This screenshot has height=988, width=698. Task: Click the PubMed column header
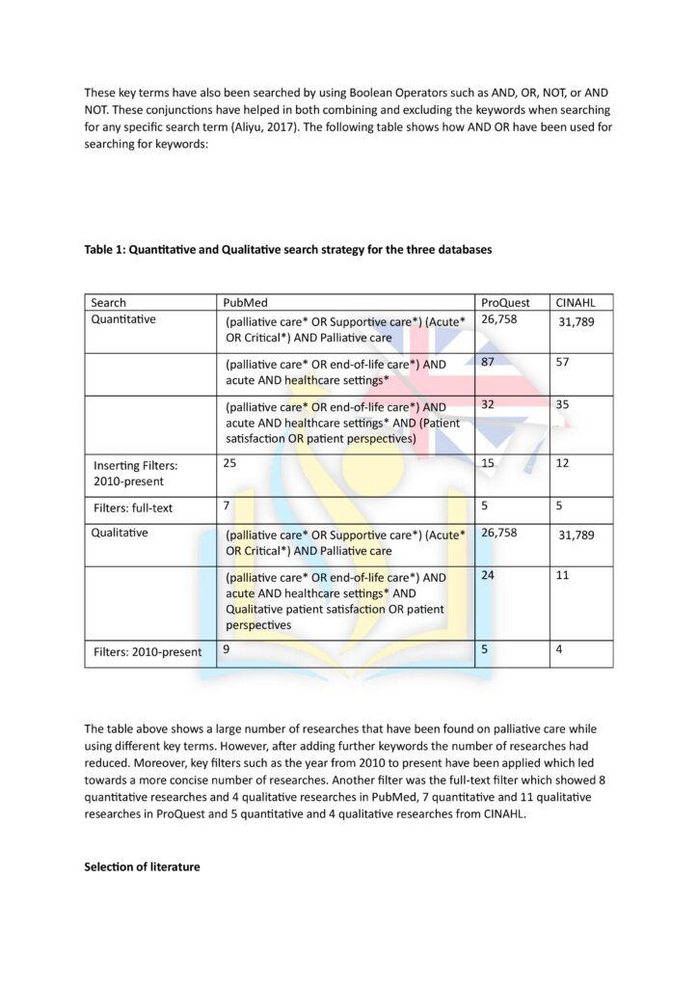tap(244, 303)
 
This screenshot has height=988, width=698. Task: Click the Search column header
tap(108, 303)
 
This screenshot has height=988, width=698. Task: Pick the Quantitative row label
tap(123, 319)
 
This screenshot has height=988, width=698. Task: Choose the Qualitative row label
tap(120, 533)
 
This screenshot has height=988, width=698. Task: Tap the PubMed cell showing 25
tap(230, 463)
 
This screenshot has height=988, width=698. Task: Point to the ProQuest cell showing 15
tap(488, 464)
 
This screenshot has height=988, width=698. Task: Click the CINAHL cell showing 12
tap(563, 464)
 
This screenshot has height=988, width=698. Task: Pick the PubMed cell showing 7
tap(227, 506)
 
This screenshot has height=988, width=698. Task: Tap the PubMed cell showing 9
tap(227, 650)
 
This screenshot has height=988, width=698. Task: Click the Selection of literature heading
tap(143, 866)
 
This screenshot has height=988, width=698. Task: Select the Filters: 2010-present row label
tap(148, 652)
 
